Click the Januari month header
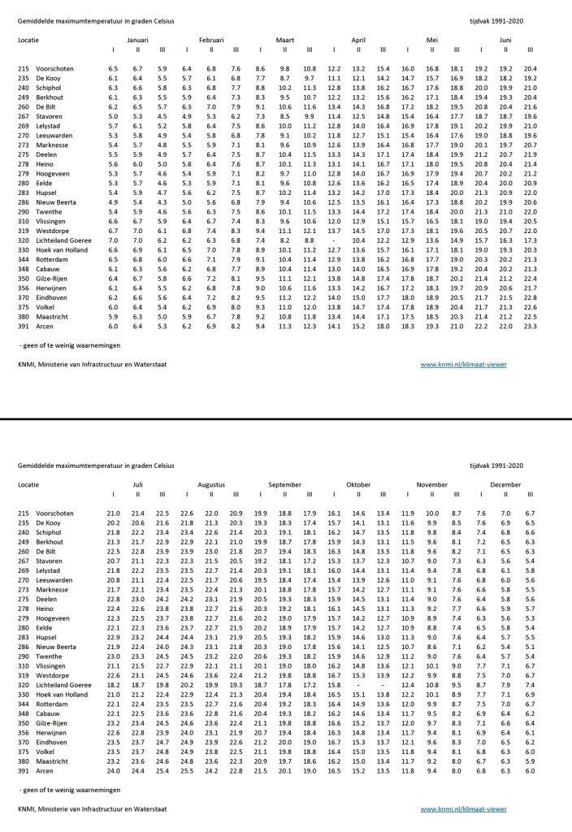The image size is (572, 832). [137, 39]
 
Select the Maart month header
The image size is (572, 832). [284, 39]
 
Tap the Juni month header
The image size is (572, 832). [505, 39]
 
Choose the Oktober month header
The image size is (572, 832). [358, 483]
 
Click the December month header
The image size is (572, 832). [505, 483]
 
